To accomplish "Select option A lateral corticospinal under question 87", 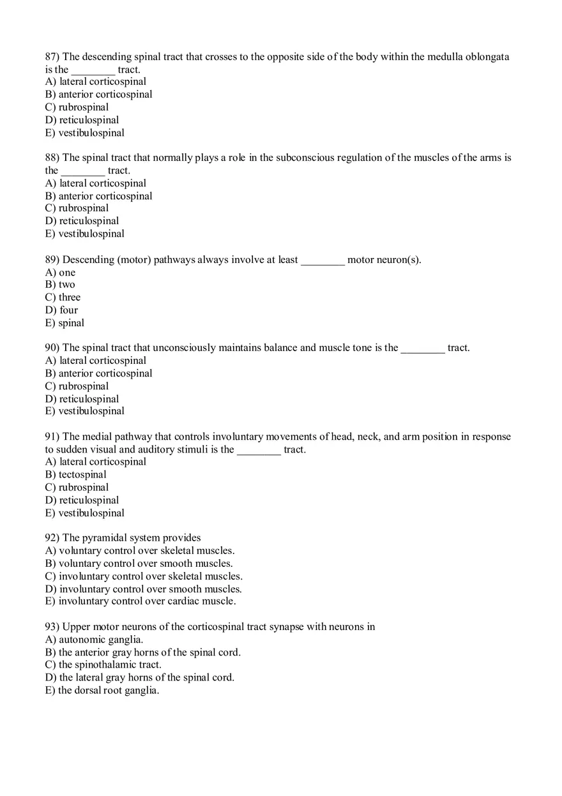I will click(96, 82).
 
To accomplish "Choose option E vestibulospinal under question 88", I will click(85, 234).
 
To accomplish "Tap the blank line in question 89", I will click(323, 260).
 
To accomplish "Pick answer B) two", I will click(60, 285).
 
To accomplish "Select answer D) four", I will click(61, 310).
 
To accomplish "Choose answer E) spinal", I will click(65, 323).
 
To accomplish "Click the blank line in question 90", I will click(422, 348).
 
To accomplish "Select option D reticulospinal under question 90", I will click(82, 399).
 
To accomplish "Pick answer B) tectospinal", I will click(76, 475).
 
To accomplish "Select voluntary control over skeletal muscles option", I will click(140, 551).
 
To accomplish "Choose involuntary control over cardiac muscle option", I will click(140, 601).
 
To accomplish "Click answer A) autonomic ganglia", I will click(95, 640).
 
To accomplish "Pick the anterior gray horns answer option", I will click(143, 652).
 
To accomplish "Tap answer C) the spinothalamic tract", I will click(103, 665).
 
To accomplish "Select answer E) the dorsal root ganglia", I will click(102, 691).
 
